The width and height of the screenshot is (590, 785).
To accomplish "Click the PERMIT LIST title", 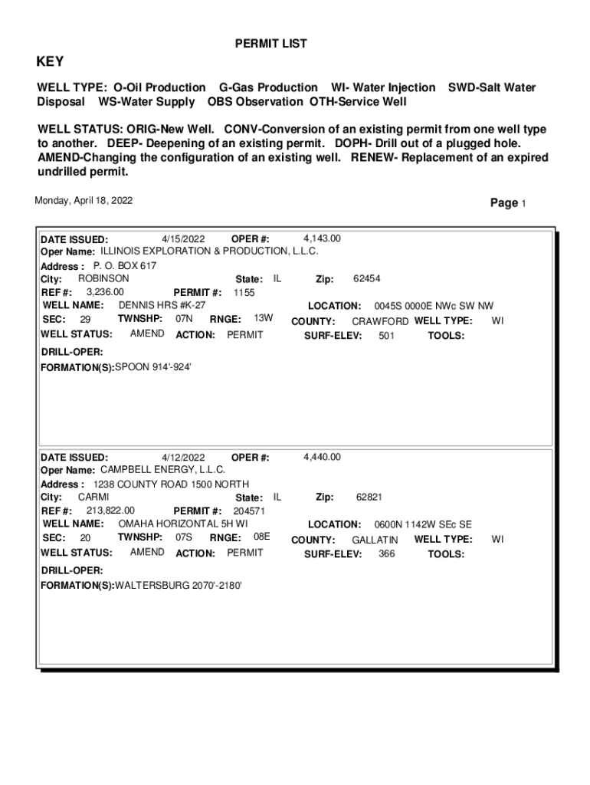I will (x=270, y=44).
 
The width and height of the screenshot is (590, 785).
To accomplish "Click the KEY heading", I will (x=51, y=62).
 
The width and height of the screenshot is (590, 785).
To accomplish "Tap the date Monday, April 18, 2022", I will (x=84, y=201).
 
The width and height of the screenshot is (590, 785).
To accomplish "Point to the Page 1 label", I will (x=508, y=203).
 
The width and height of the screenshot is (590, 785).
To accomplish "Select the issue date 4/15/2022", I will (x=183, y=238).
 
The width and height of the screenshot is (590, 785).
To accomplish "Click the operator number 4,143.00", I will (x=323, y=238).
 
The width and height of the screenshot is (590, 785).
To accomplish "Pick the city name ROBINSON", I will (x=103, y=279).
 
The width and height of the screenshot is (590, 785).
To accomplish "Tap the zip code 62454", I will (x=367, y=279).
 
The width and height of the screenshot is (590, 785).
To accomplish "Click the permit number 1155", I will (x=244, y=293).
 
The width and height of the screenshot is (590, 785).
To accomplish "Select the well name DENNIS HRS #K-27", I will (x=162, y=305).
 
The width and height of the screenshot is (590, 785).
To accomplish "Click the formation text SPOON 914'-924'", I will (x=152, y=367).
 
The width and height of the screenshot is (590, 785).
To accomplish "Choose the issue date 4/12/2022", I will (x=183, y=458).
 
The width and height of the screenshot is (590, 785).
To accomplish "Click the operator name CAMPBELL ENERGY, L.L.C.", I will (x=163, y=470).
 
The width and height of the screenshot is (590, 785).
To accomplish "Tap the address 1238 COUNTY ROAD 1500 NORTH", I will (x=171, y=484).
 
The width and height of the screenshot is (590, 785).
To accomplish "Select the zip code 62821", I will (x=369, y=498).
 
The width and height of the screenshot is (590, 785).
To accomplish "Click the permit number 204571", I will (x=250, y=511).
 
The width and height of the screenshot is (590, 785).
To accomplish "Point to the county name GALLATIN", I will (x=375, y=540).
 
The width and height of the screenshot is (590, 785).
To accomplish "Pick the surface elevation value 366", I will (x=387, y=553).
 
